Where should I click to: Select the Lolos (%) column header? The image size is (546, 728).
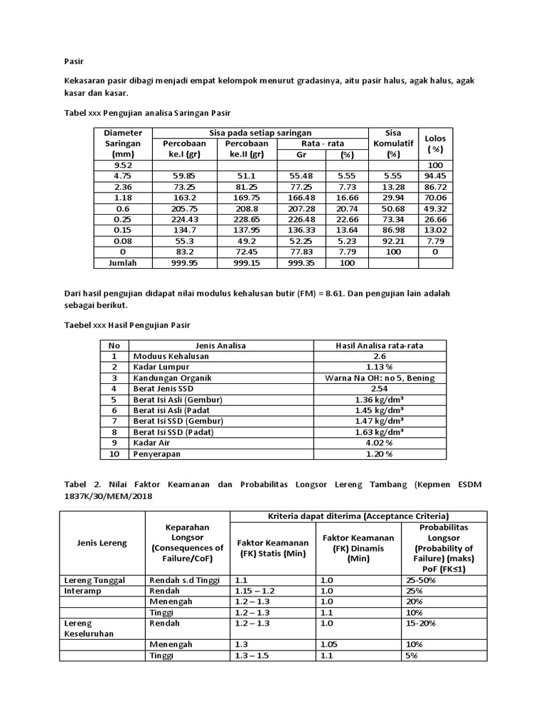pos(434,143)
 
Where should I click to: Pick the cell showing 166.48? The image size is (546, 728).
pos(301,197)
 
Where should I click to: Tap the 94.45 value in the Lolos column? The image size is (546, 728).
pos(434,174)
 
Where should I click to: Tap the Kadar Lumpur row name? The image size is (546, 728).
pos(157,368)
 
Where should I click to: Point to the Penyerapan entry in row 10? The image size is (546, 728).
pos(154,454)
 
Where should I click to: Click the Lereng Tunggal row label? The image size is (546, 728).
pos(95,580)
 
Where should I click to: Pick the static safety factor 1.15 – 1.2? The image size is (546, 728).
pos(254,591)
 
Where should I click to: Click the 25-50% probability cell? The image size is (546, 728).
pos(421,580)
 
